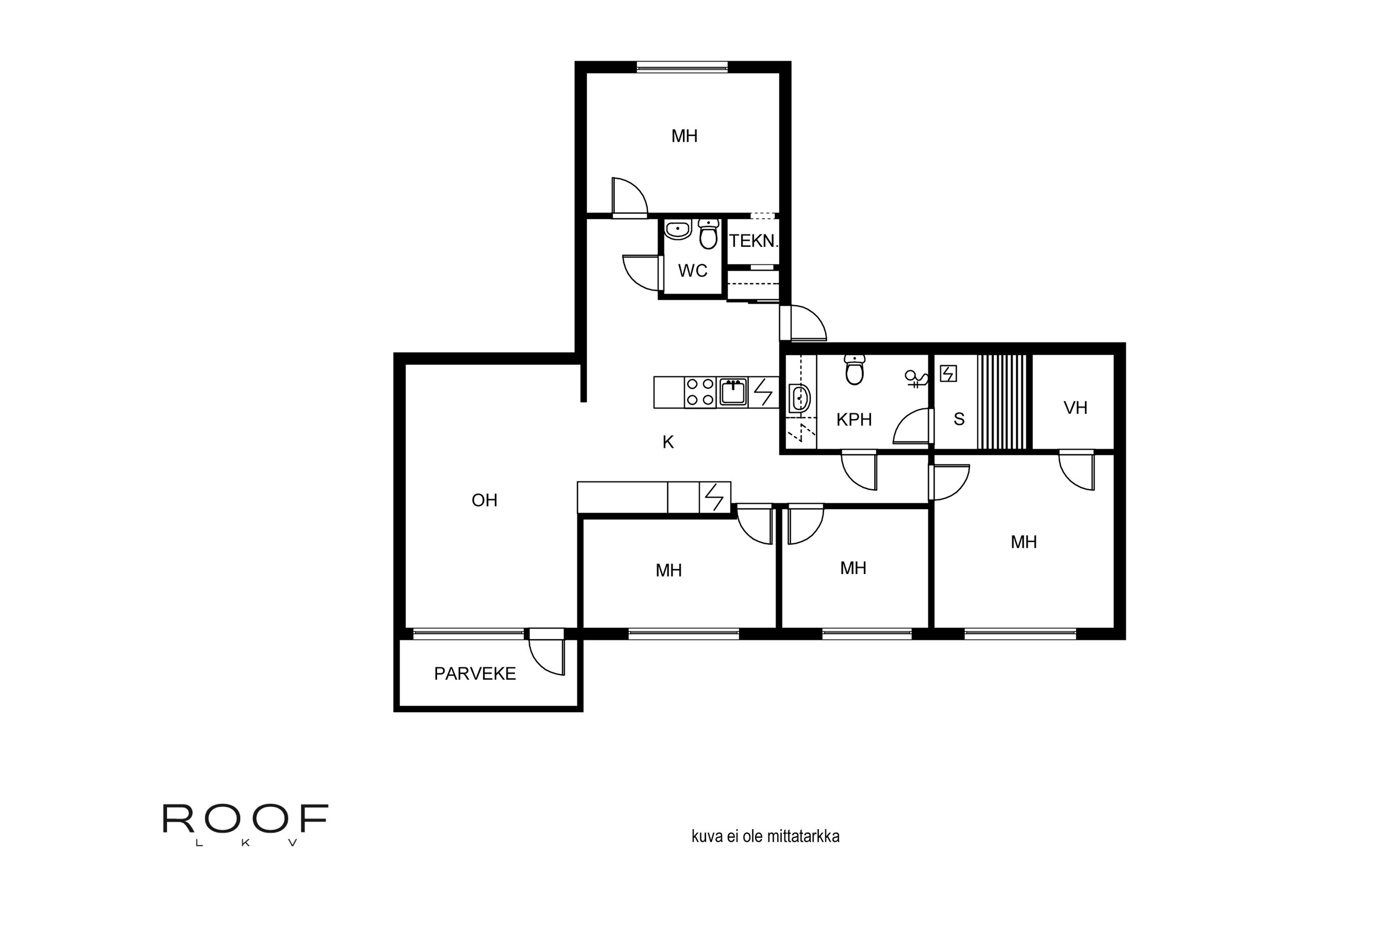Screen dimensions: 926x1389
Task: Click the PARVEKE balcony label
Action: pos(475,674)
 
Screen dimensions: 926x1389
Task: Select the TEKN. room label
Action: pos(753,241)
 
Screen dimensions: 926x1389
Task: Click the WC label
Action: pos(692,270)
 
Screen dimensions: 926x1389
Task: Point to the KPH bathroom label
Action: pos(854,420)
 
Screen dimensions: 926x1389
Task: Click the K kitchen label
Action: pos(668,442)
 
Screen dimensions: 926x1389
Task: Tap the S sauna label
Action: pos(959,419)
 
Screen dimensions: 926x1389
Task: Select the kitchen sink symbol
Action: pos(732,392)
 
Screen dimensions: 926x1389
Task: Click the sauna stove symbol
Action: pos(948,373)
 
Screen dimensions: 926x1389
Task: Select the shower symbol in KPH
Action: pos(915,379)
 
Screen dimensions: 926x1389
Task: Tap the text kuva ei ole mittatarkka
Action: pos(765,836)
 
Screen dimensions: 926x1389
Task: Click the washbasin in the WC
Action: pos(678,229)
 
